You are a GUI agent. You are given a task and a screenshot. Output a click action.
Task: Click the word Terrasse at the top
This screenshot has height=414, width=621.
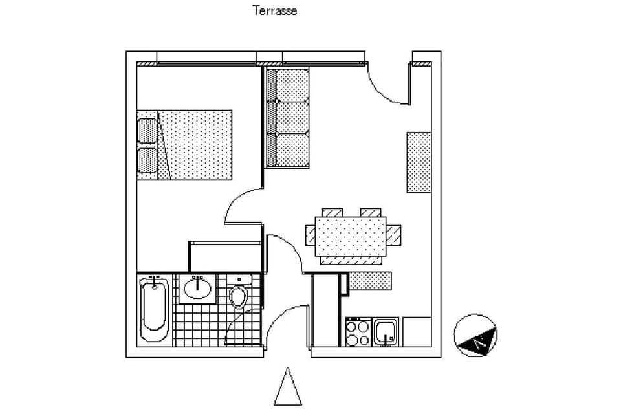pos(274,11)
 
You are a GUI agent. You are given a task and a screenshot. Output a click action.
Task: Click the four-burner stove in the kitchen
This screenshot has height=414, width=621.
pos(358,333)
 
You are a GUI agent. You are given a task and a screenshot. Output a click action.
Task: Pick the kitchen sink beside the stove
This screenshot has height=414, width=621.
pos(386,332)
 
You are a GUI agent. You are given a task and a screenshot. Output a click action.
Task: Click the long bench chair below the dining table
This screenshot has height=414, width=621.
pos(353,261)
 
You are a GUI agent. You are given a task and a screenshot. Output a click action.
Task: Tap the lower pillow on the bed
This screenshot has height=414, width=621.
pos(147,160)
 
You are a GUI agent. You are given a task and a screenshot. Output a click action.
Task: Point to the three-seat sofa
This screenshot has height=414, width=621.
pos(289,118)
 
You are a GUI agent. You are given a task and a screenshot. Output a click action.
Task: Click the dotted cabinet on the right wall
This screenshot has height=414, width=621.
pos(419,162)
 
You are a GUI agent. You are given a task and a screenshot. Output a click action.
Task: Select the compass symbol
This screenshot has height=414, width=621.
pos(475,336)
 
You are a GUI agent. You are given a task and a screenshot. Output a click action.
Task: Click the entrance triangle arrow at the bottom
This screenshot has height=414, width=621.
pos(287,388)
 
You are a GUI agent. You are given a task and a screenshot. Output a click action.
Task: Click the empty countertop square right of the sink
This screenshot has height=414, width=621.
pos(417,331)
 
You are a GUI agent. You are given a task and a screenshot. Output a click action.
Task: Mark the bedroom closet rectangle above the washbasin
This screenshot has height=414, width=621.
pos(224,256)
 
